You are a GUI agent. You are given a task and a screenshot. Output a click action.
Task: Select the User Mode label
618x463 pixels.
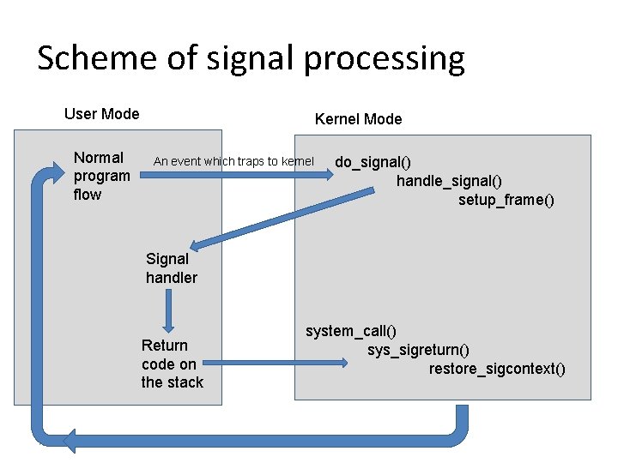coord(102,114)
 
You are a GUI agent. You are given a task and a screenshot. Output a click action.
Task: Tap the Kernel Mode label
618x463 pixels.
coord(358,119)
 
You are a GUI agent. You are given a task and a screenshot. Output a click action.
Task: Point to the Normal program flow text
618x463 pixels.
coord(101,176)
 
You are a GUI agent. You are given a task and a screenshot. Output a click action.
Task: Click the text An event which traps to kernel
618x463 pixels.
coord(233,161)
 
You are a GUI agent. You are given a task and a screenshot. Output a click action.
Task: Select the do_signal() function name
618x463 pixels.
coord(373,162)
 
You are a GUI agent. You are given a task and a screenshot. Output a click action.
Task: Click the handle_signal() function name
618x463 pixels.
coord(449,181)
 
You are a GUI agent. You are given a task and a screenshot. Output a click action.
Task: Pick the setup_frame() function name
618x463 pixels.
coord(506,200)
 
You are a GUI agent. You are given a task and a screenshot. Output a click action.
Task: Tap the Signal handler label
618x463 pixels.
coord(171,268)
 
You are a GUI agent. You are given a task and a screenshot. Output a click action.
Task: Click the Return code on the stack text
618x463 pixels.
coord(172,364)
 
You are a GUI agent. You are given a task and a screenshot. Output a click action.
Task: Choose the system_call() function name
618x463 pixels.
coord(351,331)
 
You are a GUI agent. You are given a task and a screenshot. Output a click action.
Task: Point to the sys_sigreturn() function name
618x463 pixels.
coord(418,350)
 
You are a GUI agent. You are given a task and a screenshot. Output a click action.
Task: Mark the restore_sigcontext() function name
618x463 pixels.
coord(497,369)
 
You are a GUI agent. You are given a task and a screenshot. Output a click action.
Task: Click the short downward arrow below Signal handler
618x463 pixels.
coord(169,310)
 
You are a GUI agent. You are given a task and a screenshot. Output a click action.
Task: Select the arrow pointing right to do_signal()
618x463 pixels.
coord(288,174)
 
